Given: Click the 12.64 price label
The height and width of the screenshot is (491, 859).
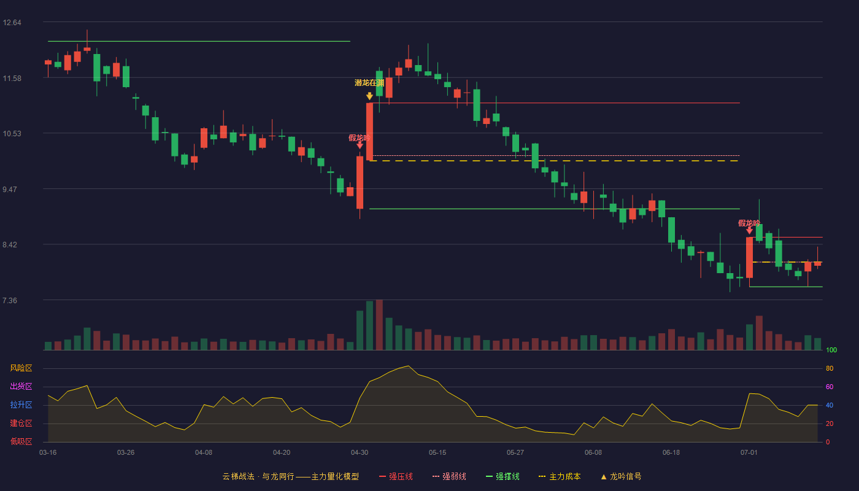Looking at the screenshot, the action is pos(12,23).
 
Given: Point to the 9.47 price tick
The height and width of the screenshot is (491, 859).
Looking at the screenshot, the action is pos(10,190).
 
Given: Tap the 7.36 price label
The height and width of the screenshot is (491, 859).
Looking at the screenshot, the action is pos(10,300).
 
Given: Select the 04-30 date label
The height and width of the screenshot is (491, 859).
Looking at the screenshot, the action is pos(360,453).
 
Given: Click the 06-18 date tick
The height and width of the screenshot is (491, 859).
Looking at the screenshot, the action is pos(671,453).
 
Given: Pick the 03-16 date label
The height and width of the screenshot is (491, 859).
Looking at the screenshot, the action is pos(48,453).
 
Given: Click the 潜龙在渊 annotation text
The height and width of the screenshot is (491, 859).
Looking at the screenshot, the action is pos(369,83).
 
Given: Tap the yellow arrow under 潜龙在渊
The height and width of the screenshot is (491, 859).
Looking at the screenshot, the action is pos(369,96).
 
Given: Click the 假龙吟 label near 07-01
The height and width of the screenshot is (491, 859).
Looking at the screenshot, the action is pos(749,223).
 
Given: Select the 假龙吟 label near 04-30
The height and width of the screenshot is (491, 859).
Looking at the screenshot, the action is pos(360,137).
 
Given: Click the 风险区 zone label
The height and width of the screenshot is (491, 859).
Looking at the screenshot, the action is pos(21,368).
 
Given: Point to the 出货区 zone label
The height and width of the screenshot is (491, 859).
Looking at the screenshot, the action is pos(21,386).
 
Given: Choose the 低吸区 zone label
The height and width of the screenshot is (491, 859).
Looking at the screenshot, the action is pos(21,441).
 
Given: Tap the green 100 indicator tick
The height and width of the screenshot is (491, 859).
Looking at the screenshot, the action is pos(831,350).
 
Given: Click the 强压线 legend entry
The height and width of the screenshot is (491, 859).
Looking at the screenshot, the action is pos(396,476).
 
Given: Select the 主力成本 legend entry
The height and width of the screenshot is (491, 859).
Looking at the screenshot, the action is pos(560,476).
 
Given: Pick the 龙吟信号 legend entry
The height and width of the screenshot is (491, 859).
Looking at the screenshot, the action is pos(621,476).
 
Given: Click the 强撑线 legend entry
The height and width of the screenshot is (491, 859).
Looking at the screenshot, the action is pos(503,476).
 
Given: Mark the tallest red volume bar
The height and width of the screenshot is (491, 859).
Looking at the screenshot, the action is pos(379,325).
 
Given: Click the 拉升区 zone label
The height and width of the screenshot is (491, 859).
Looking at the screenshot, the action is pos(21,404).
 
